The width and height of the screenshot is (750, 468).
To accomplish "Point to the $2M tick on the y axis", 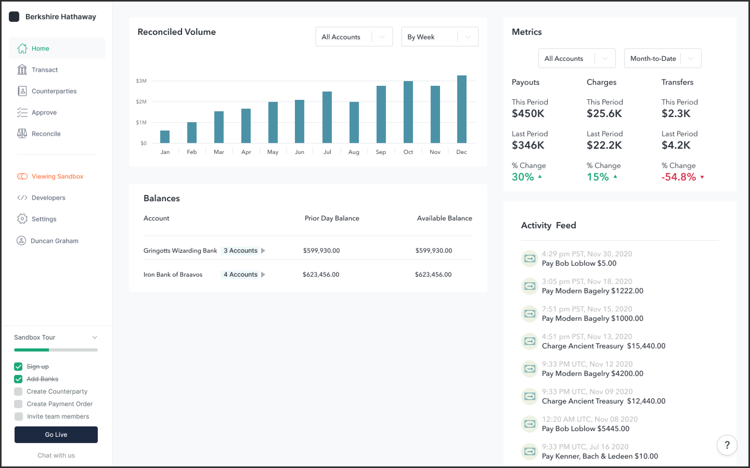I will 141,102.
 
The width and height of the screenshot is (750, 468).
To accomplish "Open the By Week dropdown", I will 439,37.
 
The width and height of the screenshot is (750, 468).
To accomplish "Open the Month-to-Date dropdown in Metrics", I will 662,59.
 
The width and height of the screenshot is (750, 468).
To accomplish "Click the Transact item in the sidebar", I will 45,70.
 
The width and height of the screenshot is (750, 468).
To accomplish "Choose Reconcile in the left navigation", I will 46,134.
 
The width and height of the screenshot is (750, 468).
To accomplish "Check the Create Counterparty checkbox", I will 18,392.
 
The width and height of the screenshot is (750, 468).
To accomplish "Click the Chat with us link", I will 56,455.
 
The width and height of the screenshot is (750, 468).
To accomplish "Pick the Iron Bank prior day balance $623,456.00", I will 321,275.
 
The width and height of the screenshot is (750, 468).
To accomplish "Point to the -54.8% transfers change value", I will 679,177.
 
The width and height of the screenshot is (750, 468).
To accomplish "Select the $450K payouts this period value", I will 528,114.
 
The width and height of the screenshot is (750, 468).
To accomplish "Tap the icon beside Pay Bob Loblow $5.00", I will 530,258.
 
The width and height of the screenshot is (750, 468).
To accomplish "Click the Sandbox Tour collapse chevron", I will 95,337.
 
